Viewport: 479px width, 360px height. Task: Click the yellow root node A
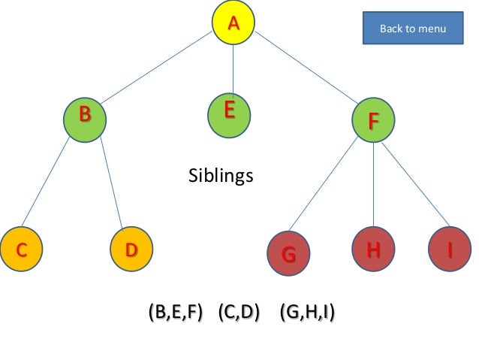pos(233,23)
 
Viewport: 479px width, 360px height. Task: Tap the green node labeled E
pos(229,115)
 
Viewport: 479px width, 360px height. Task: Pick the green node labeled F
pos(373,120)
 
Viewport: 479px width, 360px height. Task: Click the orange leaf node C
pos(22,250)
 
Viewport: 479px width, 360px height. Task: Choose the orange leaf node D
pos(131,250)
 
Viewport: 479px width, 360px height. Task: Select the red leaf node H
pos(373,251)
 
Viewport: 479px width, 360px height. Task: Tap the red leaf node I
pos(450,250)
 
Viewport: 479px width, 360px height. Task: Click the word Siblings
pos(220,177)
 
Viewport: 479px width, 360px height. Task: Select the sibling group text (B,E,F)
pos(176,312)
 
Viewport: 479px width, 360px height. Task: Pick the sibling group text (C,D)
pos(239,312)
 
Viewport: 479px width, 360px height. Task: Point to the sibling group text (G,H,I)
pos(306,312)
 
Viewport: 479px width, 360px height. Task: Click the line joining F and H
pos(373,186)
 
